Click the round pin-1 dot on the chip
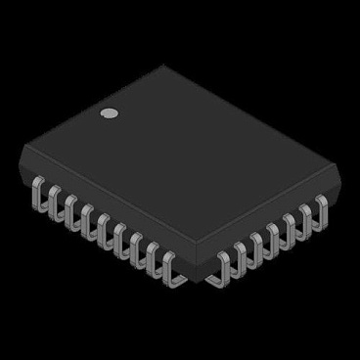[x=111, y=113]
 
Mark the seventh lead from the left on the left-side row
[x=136, y=250]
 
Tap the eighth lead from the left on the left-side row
[x=153, y=261]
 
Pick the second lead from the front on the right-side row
[x=241, y=257]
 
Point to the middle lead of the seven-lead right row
[x=273, y=236]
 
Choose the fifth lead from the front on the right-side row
[x=289, y=226]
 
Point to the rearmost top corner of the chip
[x=163, y=67]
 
